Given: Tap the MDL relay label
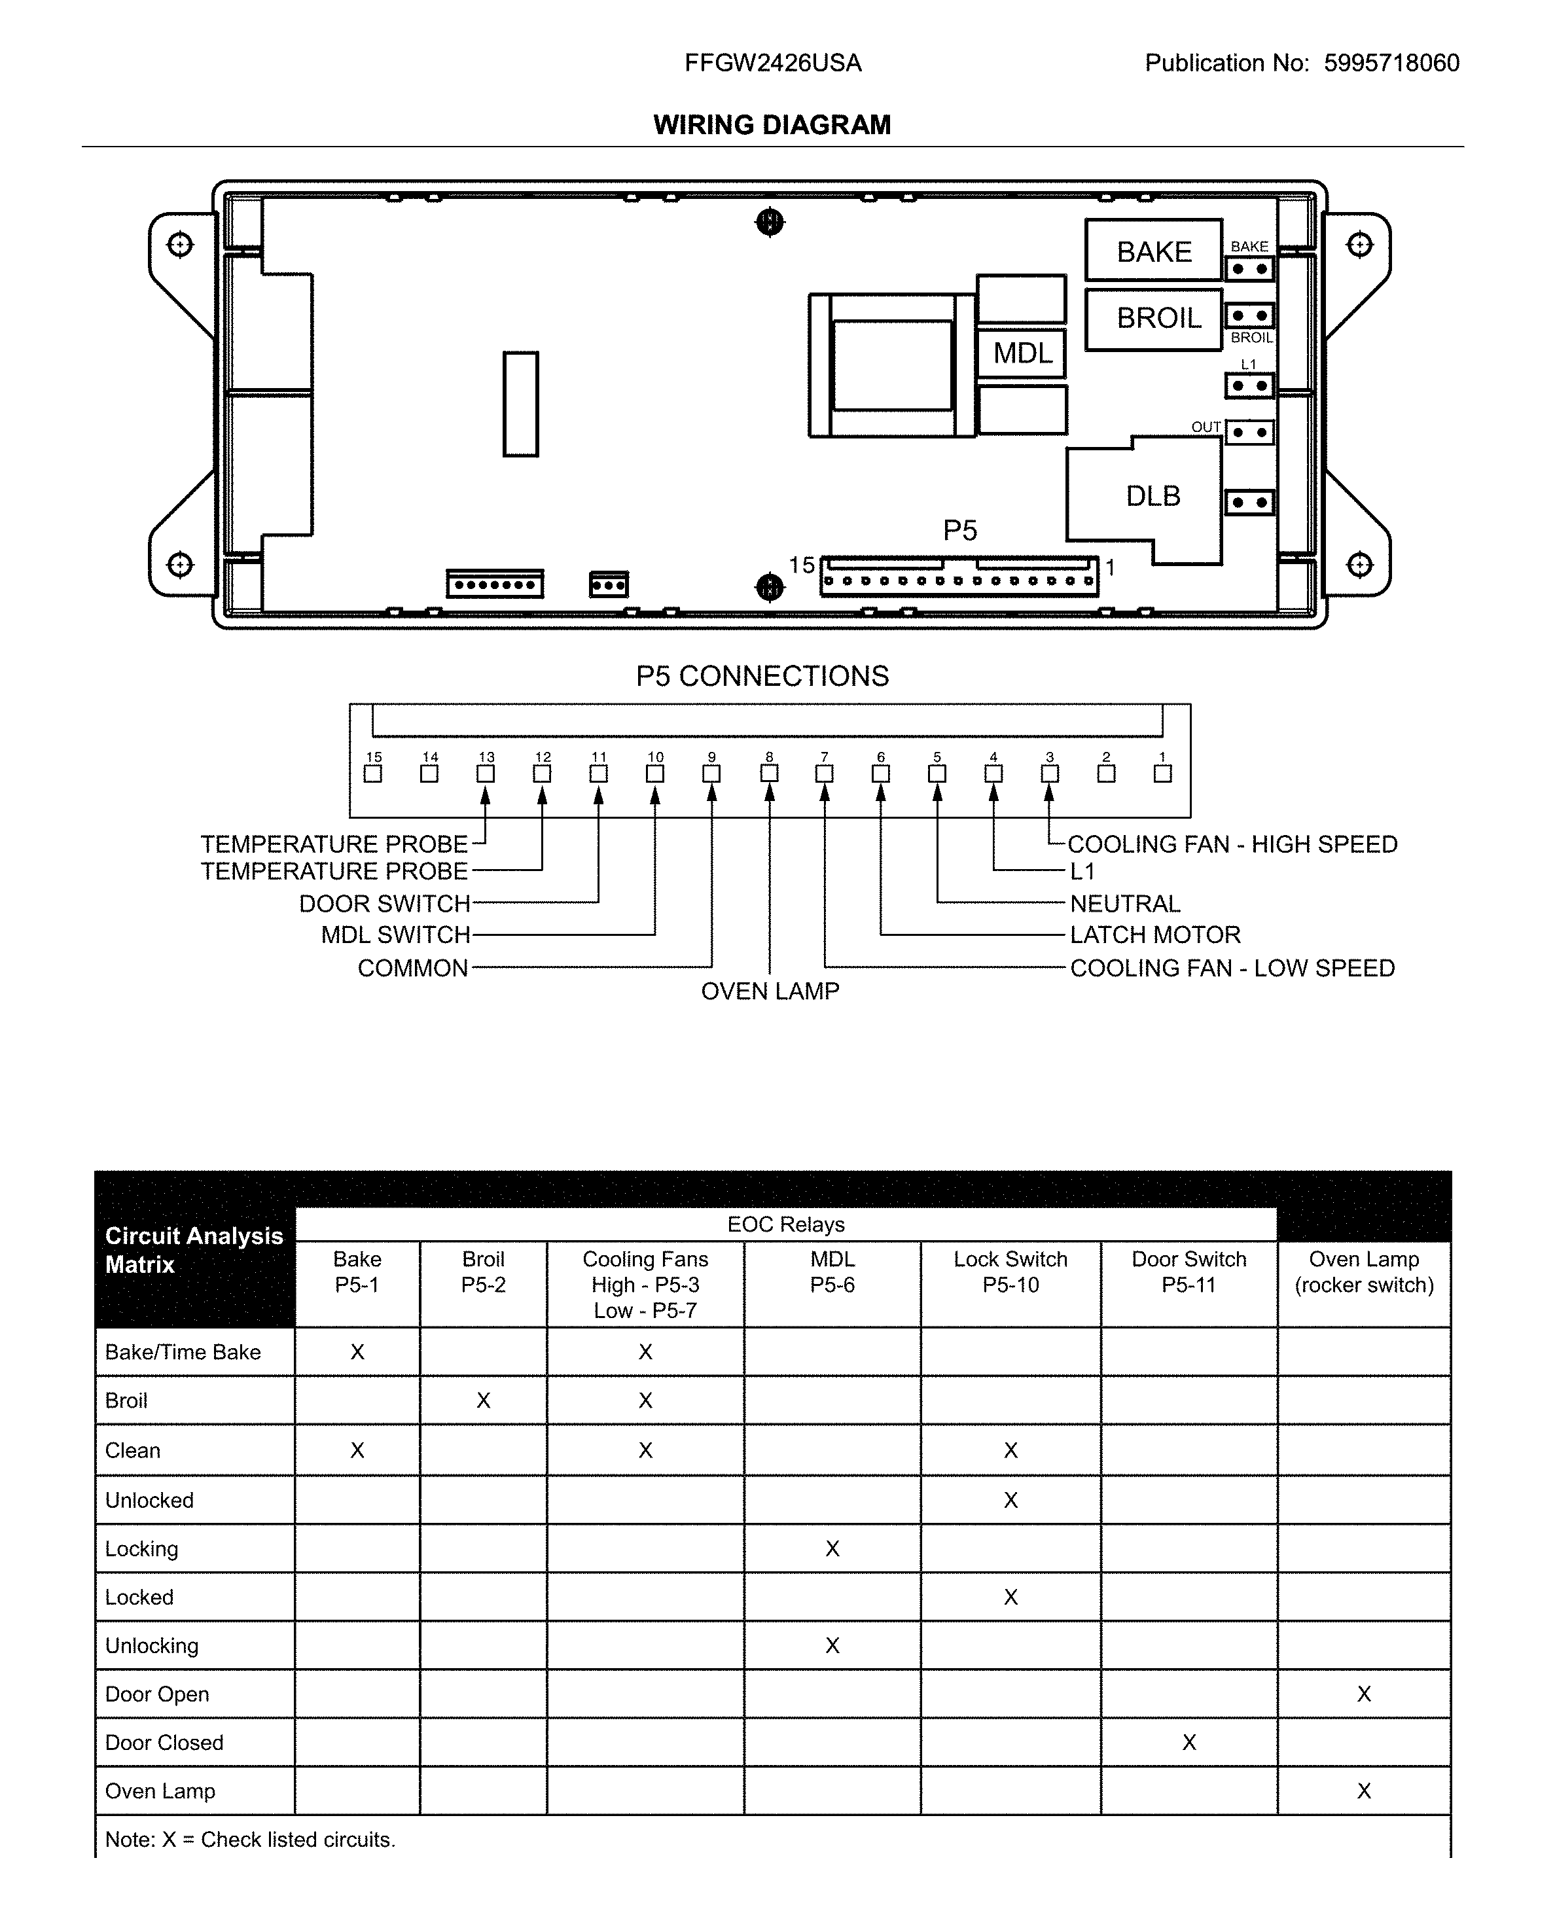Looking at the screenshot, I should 1022,353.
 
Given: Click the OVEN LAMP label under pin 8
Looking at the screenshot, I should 770,991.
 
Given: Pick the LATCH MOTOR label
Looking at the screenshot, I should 1154,935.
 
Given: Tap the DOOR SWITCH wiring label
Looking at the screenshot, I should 384,903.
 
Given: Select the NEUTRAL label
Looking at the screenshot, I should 1125,903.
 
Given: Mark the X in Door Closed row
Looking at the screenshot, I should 1189,1742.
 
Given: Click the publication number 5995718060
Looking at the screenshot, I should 1391,63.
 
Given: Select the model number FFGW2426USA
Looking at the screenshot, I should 772,63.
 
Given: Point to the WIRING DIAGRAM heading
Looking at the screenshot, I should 772,124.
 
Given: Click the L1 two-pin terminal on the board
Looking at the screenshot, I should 1249,386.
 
